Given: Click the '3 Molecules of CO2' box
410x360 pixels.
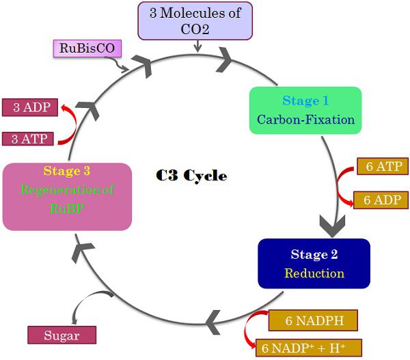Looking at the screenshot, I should tap(196, 20).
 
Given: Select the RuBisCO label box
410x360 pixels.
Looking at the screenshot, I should tap(83, 49).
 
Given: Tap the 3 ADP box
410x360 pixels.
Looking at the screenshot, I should tap(26, 107).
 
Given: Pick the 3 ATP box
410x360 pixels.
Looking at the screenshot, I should tap(26, 139).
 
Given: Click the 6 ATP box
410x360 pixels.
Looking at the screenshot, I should tap(383, 167).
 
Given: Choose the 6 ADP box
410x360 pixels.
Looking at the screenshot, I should tap(383, 199).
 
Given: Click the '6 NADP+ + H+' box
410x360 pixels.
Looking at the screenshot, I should tap(307, 347).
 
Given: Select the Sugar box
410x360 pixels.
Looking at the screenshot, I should tap(61, 335).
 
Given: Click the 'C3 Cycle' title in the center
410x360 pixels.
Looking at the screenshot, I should tap(191, 176).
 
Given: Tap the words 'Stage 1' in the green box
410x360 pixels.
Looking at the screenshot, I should tap(305, 101).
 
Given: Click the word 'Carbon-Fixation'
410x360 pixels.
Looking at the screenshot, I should tap(305, 120).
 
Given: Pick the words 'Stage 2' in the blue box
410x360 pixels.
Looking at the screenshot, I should tap(314, 255).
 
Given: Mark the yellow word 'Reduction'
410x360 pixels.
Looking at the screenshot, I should tap(314, 273).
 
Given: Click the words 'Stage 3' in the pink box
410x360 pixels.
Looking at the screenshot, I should tap(66, 171).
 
